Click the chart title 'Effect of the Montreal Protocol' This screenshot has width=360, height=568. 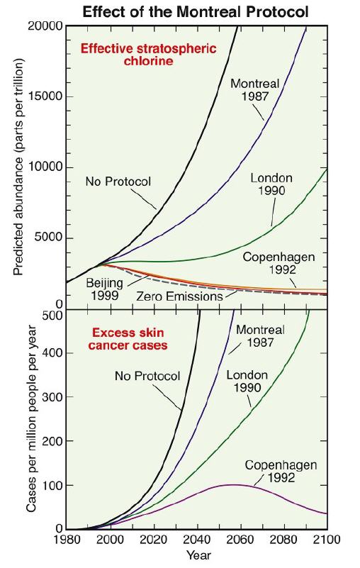196,11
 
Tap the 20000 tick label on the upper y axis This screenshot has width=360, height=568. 45,27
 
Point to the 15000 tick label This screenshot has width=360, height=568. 45,96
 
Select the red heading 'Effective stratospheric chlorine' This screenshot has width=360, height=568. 149,55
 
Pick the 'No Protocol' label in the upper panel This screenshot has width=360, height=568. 118,181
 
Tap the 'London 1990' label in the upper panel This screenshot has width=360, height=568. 271,184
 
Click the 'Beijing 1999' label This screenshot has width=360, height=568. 104,289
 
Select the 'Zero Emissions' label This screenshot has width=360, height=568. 179,296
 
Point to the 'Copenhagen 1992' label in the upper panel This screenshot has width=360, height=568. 279,263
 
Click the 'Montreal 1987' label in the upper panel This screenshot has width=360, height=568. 255,90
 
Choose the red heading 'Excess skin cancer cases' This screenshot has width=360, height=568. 128,339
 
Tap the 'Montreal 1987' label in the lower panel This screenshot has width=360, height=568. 260,336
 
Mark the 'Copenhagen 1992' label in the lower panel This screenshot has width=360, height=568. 281,471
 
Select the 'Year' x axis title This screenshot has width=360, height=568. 199,555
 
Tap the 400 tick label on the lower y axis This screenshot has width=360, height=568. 52,353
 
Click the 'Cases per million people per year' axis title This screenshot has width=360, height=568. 32,419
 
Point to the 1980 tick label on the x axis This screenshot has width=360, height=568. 68,540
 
